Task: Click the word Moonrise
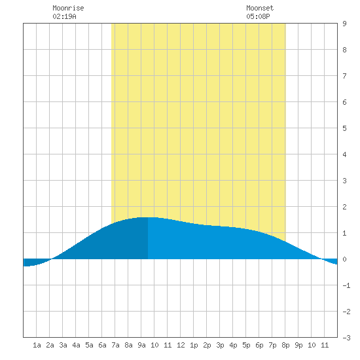68,8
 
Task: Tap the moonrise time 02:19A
65,16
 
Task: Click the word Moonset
260,8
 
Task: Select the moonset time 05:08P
258,16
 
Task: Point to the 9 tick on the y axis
344,24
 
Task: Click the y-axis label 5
344,128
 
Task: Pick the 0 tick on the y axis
344,259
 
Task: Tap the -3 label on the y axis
346,338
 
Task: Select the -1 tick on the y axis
346,285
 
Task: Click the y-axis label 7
344,76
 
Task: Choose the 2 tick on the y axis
344,207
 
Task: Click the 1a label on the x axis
37,345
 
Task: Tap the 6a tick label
102,345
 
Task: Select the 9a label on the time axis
141,345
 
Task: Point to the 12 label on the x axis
181,345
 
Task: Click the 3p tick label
220,345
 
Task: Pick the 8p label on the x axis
285,345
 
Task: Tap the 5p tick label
246,345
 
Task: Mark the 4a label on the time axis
76,345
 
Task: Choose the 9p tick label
298,345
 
